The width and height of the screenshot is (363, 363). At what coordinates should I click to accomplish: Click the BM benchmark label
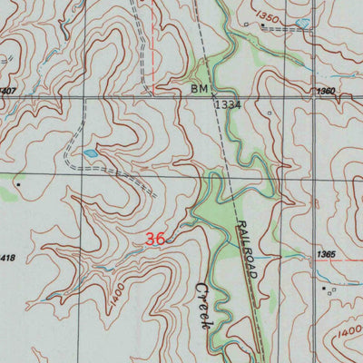click(200, 90)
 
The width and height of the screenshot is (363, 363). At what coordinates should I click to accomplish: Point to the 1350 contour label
click(268, 16)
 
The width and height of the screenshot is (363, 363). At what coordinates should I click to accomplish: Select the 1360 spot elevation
click(327, 92)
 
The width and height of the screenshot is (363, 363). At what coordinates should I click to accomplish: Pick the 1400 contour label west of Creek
click(114, 299)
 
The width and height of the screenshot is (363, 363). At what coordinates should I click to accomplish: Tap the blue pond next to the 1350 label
click(300, 23)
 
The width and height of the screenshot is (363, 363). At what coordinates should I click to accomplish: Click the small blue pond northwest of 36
click(90, 153)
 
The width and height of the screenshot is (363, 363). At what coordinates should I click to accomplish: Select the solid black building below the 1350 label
click(263, 26)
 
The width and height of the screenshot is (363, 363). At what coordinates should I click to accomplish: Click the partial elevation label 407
click(8, 91)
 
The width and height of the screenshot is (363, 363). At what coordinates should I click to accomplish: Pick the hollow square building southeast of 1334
click(270, 113)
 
